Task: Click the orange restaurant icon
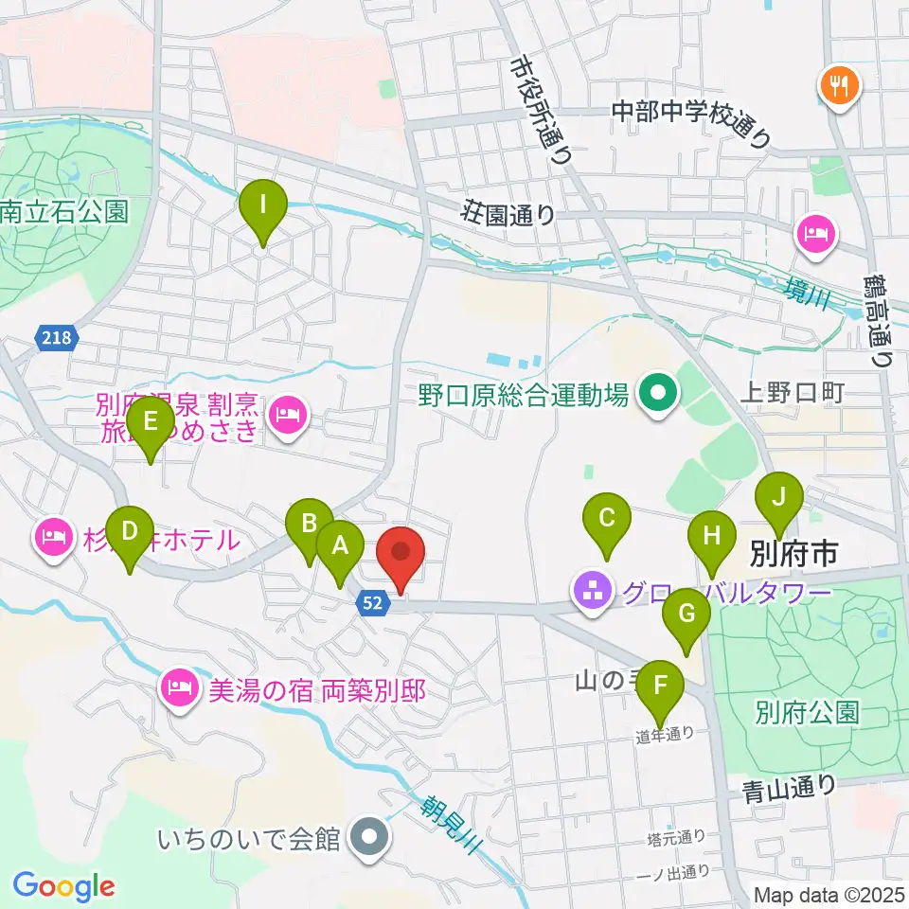coord(837,87)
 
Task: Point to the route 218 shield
coord(56,337)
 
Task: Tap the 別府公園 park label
coord(807,712)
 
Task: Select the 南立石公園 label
coord(63,211)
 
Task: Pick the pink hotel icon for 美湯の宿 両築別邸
coord(179,685)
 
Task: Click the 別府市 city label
coord(793,554)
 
